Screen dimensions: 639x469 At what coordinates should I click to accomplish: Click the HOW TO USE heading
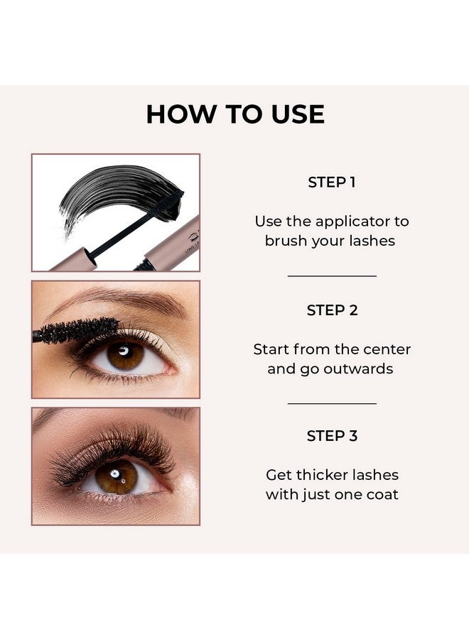coord(235,114)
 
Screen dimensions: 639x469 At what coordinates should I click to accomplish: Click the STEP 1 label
coord(331,182)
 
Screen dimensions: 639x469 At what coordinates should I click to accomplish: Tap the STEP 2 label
coord(332,310)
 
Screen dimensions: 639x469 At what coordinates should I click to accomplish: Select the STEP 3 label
coord(332,436)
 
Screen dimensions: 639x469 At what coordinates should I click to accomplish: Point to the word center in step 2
coord(387,349)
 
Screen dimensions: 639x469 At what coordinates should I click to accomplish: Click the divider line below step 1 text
coord(332,275)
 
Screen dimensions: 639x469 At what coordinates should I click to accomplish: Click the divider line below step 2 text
coord(332,403)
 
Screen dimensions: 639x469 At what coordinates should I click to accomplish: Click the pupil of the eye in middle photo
coord(126,354)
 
